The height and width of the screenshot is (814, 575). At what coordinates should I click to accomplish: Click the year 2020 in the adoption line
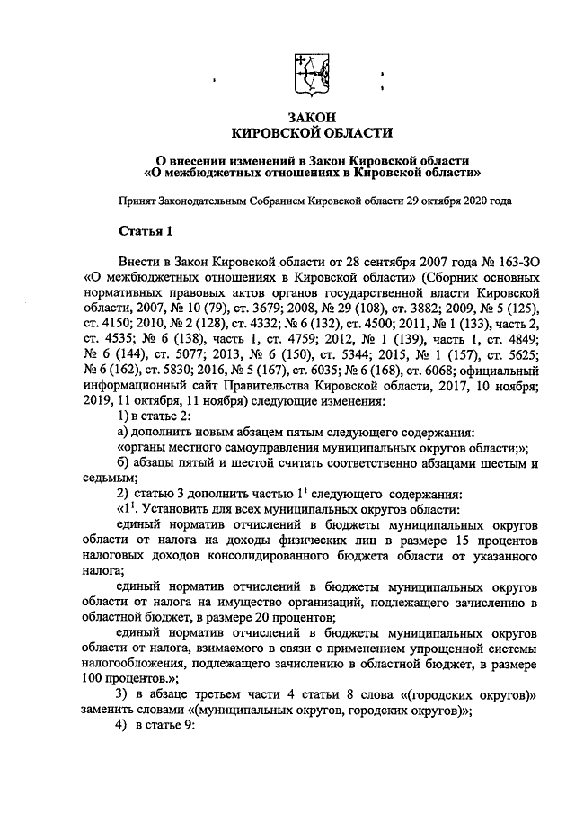point(464,201)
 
